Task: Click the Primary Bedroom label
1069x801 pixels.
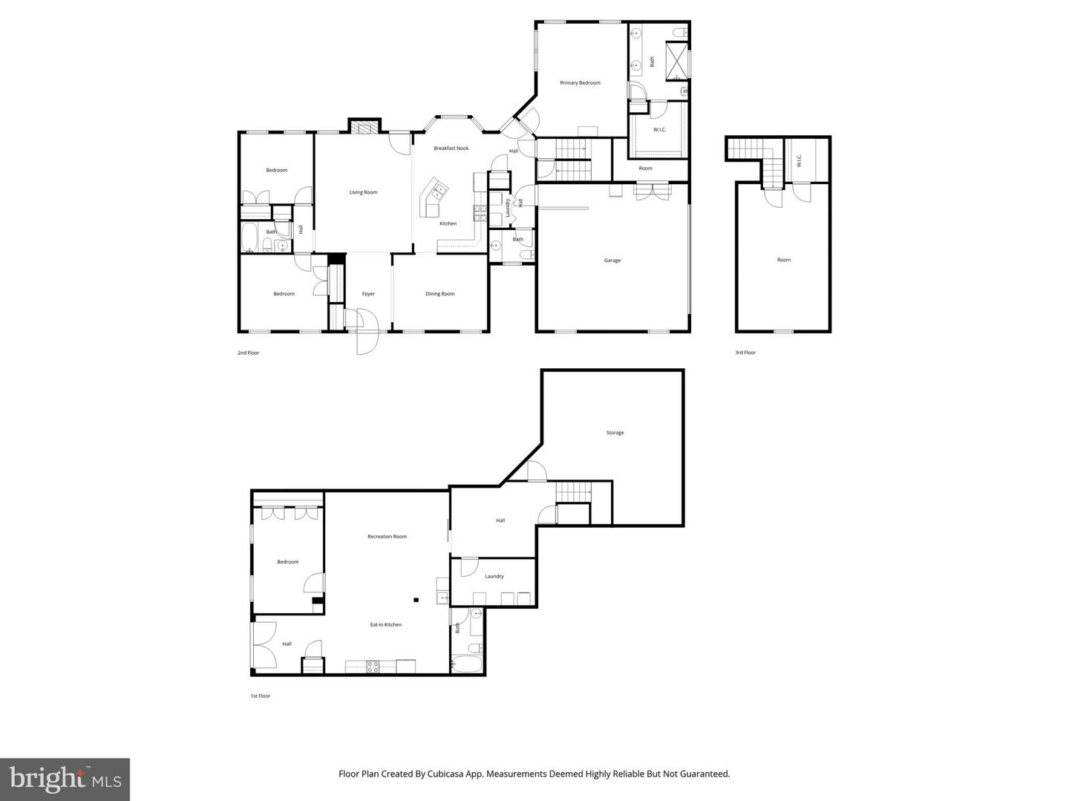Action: [x=580, y=83]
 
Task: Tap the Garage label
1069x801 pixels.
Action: [x=612, y=261]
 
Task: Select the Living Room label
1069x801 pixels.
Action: [x=363, y=192]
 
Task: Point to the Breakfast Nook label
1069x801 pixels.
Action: [x=451, y=148]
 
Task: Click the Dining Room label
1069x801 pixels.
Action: [x=439, y=294]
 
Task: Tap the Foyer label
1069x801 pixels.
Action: [x=368, y=294]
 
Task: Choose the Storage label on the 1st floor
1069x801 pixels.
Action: [x=615, y=433]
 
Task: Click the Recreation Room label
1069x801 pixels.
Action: [x=387, y=537]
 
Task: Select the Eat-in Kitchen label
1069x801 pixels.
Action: [x=386, y=625]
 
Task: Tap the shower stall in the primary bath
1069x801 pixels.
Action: [x=676, y=62]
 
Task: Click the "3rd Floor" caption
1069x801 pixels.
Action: [x=745, y=353]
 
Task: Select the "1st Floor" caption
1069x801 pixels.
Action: [x=260, y=696]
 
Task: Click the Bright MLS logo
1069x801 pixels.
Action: [x=65, y=779]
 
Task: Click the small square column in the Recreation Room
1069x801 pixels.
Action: [x=416, y=600]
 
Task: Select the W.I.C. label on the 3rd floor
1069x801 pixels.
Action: [x=799, y=160]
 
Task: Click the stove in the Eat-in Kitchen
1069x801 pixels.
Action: [x=373, y=666]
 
